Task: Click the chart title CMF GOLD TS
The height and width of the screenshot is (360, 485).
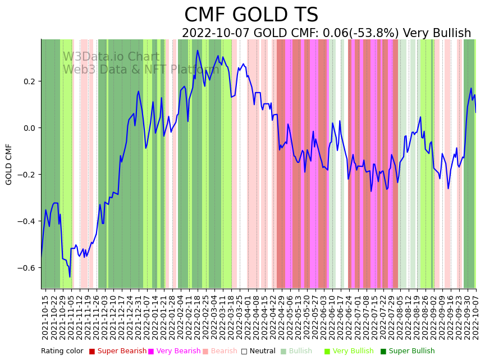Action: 251,15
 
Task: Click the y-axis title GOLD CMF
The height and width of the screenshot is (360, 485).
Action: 9,164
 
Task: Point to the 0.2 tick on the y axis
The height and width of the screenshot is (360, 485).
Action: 28,81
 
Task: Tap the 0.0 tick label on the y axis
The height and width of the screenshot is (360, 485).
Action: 28,128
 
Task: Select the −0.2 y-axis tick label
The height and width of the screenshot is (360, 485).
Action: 26,175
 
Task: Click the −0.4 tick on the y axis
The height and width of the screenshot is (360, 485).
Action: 26,221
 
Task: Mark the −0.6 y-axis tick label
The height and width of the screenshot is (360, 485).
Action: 26,268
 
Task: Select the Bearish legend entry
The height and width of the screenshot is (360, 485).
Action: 223,352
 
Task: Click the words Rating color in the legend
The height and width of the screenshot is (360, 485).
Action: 62,352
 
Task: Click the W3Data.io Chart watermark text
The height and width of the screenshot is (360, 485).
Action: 111,57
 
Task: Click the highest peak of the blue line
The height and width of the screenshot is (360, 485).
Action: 198,51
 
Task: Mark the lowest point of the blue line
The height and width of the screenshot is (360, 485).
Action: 70,276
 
